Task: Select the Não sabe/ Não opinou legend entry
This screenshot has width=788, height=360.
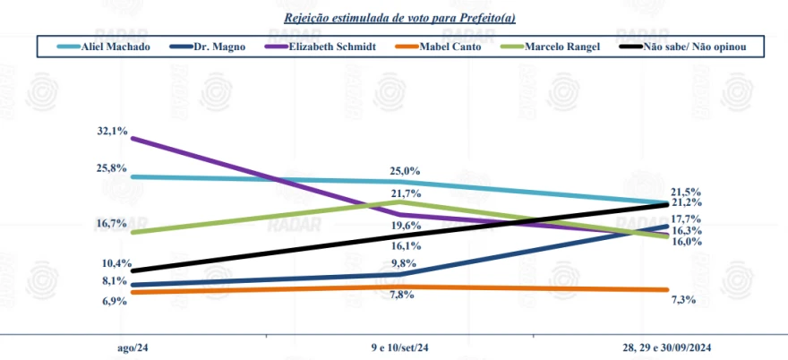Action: tap(689, 45)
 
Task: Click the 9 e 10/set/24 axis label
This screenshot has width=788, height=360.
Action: tap(399, 347)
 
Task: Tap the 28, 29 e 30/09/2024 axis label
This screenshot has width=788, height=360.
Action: tap(667, 347)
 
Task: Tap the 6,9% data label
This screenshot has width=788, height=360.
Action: tap(114, 301)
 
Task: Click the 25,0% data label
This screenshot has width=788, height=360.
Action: tap(405, 170)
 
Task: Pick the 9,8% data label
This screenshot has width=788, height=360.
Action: tap(405, 262)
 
